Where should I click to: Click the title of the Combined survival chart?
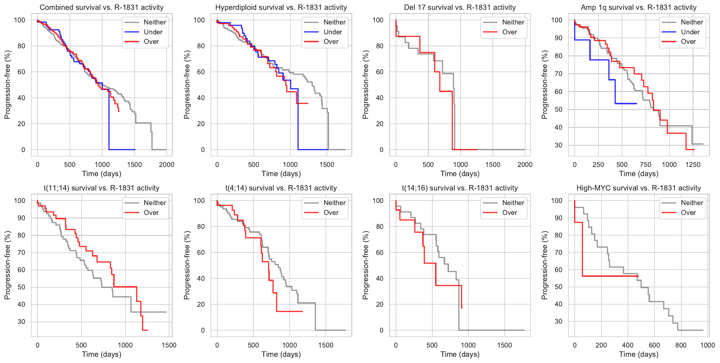[102, 7]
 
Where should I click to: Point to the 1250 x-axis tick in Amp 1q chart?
[693, 165]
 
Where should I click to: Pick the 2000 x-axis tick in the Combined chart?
[166, 165]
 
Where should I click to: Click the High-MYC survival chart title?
[638, 188]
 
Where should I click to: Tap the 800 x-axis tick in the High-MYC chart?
[681, 345]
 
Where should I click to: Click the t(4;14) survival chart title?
[281, 188]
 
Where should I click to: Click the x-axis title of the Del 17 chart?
[460, 174]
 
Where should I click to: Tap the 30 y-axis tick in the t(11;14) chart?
[21, 322]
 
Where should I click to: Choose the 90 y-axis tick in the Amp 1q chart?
[558, 38]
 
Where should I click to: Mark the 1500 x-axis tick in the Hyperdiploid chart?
[327, 165]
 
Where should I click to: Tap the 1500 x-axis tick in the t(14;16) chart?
[504, 345]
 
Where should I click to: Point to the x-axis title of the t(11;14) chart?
[102, 354]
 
